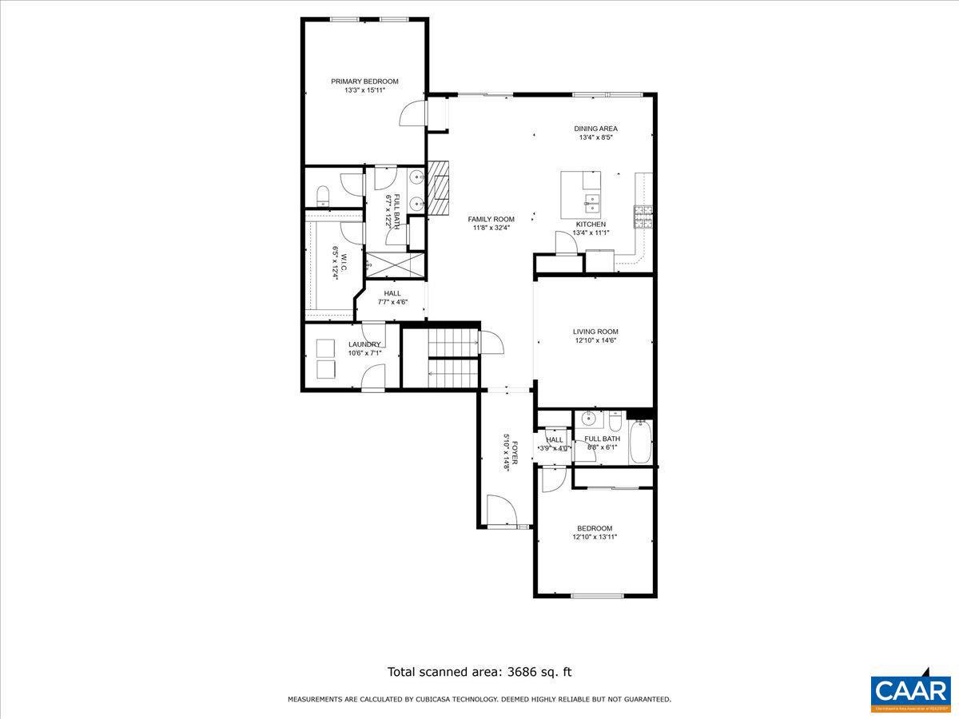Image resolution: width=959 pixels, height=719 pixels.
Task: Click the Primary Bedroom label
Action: point(364,81)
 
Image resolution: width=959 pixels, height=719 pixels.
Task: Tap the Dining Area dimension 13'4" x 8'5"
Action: point(595,137)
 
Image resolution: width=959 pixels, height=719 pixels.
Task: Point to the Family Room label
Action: point(491,219)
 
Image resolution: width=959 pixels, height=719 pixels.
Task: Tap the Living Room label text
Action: point(595,332)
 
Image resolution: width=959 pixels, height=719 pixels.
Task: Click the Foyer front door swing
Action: point(499,510)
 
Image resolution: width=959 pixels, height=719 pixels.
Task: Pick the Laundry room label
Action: point(364,344)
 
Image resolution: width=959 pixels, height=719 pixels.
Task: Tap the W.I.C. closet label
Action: point(335,262)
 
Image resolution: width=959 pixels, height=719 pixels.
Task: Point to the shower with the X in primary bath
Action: point(394,264)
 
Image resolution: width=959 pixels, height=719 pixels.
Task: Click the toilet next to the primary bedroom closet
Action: point(323,194)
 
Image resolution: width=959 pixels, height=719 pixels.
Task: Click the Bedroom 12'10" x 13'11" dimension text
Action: point(595,537)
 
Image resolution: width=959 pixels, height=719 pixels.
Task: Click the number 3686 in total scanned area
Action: point(519,672)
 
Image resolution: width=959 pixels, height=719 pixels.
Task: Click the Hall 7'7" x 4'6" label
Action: point(392,293)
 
